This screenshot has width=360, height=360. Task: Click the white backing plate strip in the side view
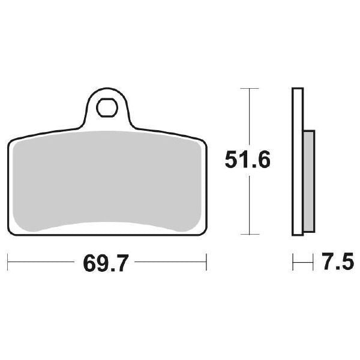pos(296,162)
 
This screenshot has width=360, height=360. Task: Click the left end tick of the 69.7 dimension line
pos(7,262)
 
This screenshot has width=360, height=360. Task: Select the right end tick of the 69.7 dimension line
pos(206,262)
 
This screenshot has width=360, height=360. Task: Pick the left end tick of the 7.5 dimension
pos(292,262)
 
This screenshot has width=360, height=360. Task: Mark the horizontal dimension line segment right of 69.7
pos(168,262)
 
